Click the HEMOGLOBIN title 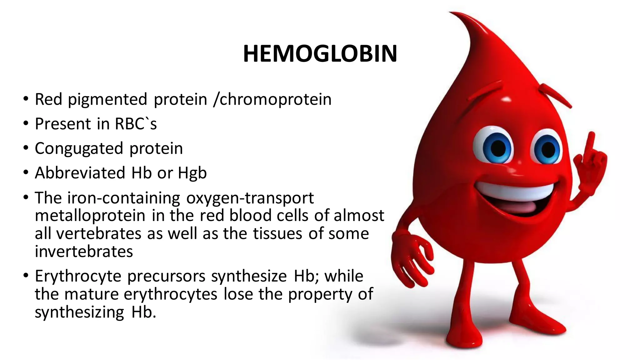320,54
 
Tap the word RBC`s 136,124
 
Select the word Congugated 79,148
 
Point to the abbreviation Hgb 192,173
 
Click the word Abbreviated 80,173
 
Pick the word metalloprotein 90,216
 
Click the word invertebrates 84,252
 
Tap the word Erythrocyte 78,276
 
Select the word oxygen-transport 250,198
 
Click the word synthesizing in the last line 79,312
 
